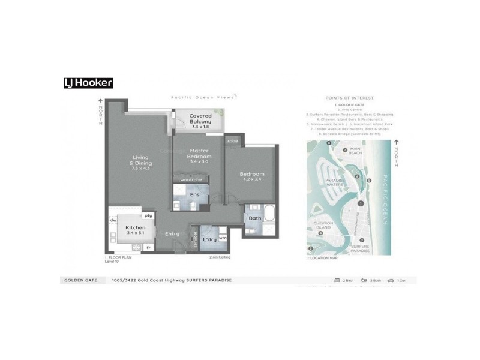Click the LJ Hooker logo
[x=88, y=83]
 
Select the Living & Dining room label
[x=142, y=163]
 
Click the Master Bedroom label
[x=199, y=156]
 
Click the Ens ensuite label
[x=194, y=194]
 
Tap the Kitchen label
[x=135, y=230]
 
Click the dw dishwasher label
[x=113, y=221]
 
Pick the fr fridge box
[x=148, y=247]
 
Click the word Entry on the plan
[x=172, y=234]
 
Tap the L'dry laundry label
[x=209, y=240]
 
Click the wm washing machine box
[x=222, y=238]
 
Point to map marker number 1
[x=361, y=204]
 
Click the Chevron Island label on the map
[x=323, y=225]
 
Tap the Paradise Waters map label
[x=333, y=182]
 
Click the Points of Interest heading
[x=349, y=98]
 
